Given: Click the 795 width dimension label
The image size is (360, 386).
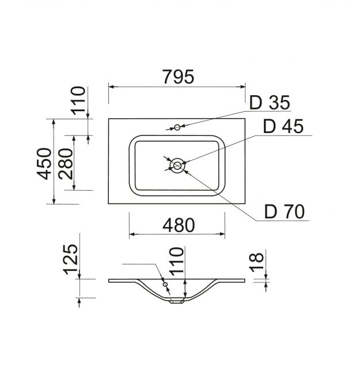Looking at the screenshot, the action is [x=179, y=77].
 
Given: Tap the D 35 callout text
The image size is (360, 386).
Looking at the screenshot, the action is [x=270, y=103].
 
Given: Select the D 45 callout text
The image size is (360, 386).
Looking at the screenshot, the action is [x=283, y=126].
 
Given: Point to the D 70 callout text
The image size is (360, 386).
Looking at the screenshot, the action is [x=285, y=211].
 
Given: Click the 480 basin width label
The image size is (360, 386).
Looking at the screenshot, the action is [x=179, y=225].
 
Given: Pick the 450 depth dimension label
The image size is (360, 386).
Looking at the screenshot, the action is [x=44, y=164].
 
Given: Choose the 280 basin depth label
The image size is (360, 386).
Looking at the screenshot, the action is [x=66, y=164].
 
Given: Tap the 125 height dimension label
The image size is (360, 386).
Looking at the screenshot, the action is [x=71, y=259].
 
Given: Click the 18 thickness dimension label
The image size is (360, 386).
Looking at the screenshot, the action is [x=257, y=262].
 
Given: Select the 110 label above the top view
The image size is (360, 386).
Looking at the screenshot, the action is [x=78, y=100].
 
